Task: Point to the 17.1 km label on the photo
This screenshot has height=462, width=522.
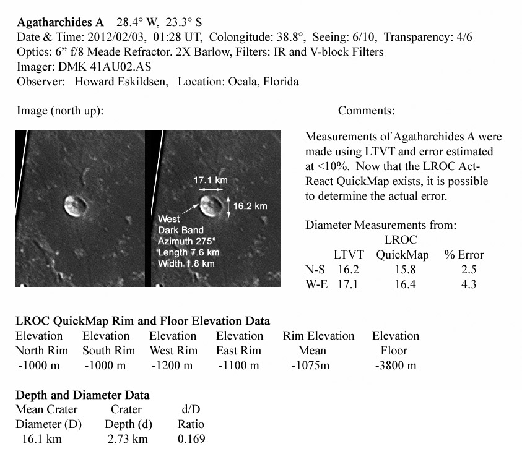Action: click(x=211, y=180)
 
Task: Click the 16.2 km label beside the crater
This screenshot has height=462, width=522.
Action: click(x=250, y=206)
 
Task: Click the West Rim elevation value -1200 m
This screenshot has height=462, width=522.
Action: click(x=172, y=365)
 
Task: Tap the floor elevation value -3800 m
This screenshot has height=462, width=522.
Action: click(x=395, y=365)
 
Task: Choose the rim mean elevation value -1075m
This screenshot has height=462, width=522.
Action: click(x=313, y=365)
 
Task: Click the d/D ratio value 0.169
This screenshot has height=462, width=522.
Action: click(x=191, y=439)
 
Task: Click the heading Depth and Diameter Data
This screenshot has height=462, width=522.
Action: click(x=82, y=395)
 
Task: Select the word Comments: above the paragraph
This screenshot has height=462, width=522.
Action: click(x=367, y=111)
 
